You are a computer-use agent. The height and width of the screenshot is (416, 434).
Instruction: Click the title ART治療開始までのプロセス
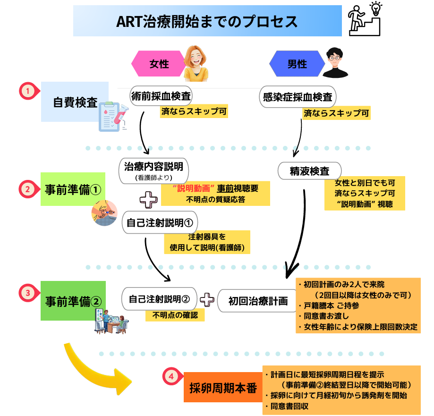pyautogui.click(x=207, y=21)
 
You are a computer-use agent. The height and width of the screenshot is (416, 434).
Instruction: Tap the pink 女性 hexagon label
pyautogui.click(x=159, y=64)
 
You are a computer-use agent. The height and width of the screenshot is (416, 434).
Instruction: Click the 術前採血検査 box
pyautogui.click(x=161, y=97)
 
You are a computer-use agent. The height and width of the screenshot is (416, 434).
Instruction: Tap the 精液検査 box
pyautogui.click(x=309, y=171)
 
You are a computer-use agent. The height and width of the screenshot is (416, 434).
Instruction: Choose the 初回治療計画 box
pyautogui.click(x=258, y=301)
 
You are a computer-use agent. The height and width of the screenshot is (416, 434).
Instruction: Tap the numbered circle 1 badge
pyautogui.click(x=28, y=91)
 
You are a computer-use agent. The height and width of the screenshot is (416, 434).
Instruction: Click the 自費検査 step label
pyautogui.click(x=75, y=102)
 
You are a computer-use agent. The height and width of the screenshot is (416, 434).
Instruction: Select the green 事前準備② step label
pyautogui.click(x=73, y=301)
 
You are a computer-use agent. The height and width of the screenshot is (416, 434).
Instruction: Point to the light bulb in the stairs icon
pyautogui.click(x=376, y=8)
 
